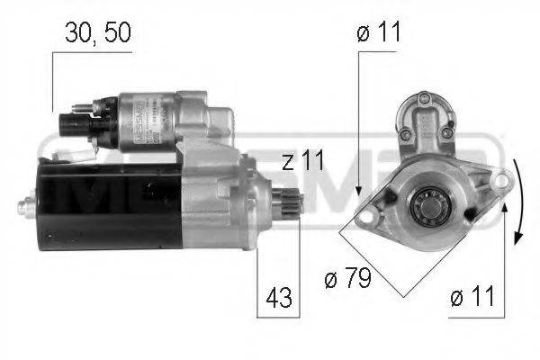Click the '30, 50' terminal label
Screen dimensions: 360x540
98,34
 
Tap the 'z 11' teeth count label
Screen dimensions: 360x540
301,162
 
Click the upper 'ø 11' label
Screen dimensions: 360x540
378,34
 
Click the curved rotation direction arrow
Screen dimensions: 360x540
517,202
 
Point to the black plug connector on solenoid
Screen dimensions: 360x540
71,123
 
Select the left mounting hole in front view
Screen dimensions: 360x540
369,212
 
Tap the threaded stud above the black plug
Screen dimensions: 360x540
83,109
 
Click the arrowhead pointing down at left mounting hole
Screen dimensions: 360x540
358,192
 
